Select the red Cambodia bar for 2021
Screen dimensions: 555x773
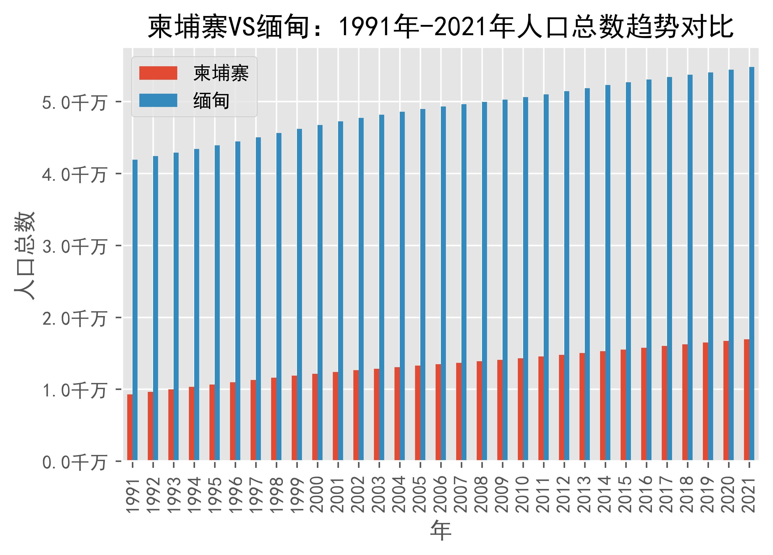[x=747, y=400]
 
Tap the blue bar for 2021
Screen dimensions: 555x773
[x=752, y=263]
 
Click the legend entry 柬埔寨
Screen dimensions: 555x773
[x=221, y=73]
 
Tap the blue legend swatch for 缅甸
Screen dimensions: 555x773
[x=158, y=101]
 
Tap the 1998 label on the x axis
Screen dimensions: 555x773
[x=276, y=494]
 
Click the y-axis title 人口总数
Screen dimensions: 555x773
[x=24, y=256]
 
